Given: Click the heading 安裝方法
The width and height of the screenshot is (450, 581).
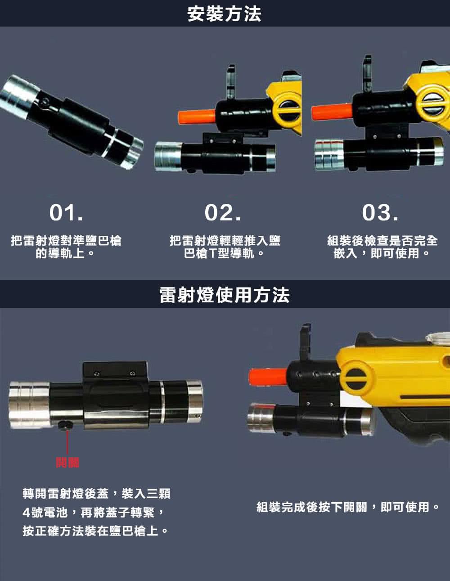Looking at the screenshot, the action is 224,14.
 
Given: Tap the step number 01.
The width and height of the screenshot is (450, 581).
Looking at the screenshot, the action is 66,213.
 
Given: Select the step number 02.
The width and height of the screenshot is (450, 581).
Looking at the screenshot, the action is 223,213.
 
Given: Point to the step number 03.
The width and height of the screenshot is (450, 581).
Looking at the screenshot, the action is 380,213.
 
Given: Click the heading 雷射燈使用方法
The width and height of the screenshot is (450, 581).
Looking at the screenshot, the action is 225,295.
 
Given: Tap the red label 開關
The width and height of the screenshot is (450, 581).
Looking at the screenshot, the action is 67,462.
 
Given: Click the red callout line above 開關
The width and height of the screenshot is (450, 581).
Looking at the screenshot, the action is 67,442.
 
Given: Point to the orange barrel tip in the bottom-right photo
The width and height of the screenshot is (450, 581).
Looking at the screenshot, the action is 268,377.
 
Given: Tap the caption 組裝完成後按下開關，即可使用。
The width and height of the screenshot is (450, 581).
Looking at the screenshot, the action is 348,507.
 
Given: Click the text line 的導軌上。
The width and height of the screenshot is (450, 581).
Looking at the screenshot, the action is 65,253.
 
